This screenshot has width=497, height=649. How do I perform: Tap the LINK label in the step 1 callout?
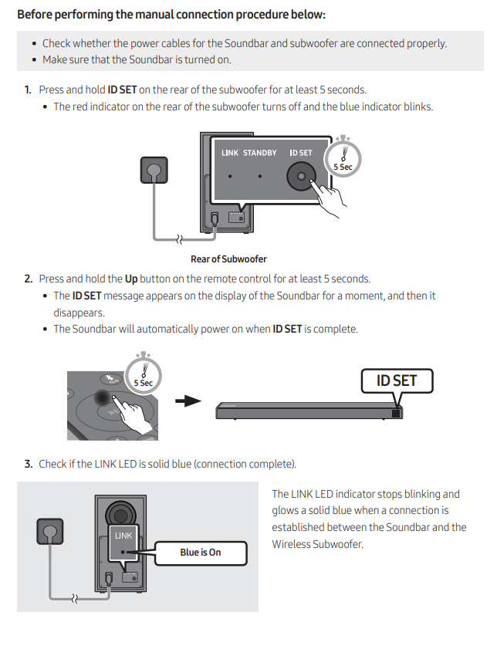229,153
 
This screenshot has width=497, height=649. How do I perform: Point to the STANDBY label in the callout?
259,153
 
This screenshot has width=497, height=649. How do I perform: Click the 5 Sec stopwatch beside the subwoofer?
343,158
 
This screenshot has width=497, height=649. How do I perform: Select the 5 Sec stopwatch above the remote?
144,375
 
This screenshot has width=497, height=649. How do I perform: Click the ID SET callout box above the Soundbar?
396,380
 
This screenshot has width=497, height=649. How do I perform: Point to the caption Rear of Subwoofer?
228,259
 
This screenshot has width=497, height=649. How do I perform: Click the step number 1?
28,90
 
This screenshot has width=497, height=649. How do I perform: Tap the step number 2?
28,279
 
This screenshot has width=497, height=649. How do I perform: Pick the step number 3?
28,464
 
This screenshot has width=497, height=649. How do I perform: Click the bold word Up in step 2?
131,279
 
